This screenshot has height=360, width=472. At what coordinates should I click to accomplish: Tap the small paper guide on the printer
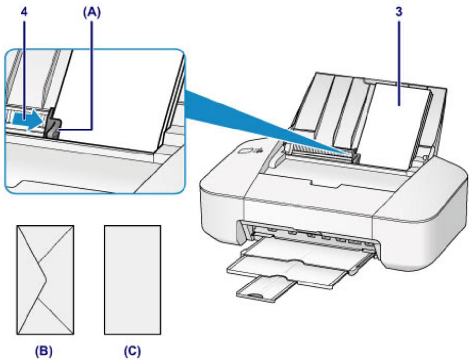(x=356, y=156)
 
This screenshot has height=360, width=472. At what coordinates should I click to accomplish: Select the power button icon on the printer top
(x=259, y=153)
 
